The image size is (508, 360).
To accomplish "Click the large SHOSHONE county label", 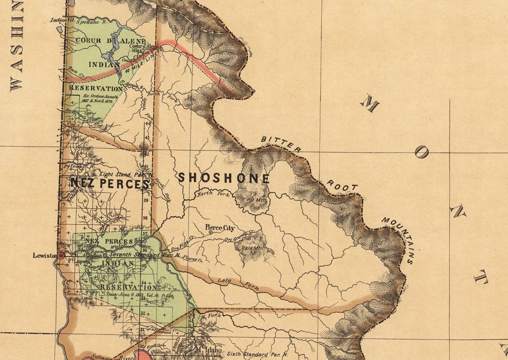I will (224, 178).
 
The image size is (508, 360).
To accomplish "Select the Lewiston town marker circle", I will (61, 256).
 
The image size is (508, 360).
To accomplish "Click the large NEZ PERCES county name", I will (110, 184).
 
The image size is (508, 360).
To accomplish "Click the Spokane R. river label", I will (89, 22).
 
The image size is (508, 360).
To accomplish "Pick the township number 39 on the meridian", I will (145, 200).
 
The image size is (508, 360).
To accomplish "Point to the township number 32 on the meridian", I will (143, 313).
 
